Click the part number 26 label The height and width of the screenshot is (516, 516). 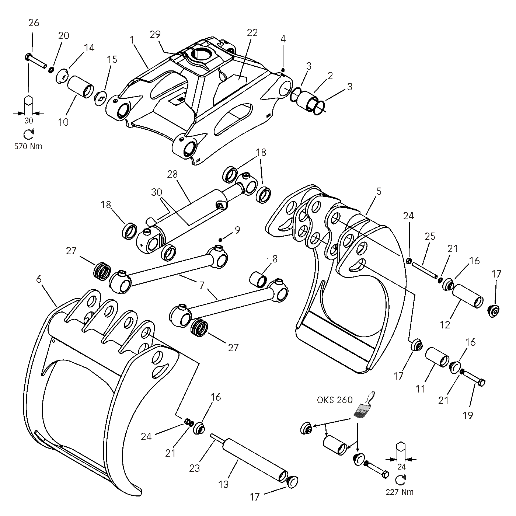pyautogui.click(x=34, y=23)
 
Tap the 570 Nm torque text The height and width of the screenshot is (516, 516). pyautogui.click(x=28, y=146)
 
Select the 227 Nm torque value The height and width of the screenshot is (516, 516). pyautogui.click(x=400, y=492)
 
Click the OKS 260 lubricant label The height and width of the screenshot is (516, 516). pyautogui.click(x=335, y=400)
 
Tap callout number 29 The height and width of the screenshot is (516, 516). pyautogui.click(x=155, y=35)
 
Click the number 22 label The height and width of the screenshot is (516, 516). pyautogui.click(x=252, y=32)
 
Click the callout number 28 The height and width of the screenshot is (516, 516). pyautogui.click(x=172, y=174)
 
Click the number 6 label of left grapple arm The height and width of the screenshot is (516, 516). pyautogui.click(x=39, y=279)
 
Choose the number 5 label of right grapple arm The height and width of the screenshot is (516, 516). pyautogui.click(x=379, y=192)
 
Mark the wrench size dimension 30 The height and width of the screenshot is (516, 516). pyautogui.click(x=28, y=121)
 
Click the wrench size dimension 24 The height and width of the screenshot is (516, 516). pyautogui.click(x=401, y=466)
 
